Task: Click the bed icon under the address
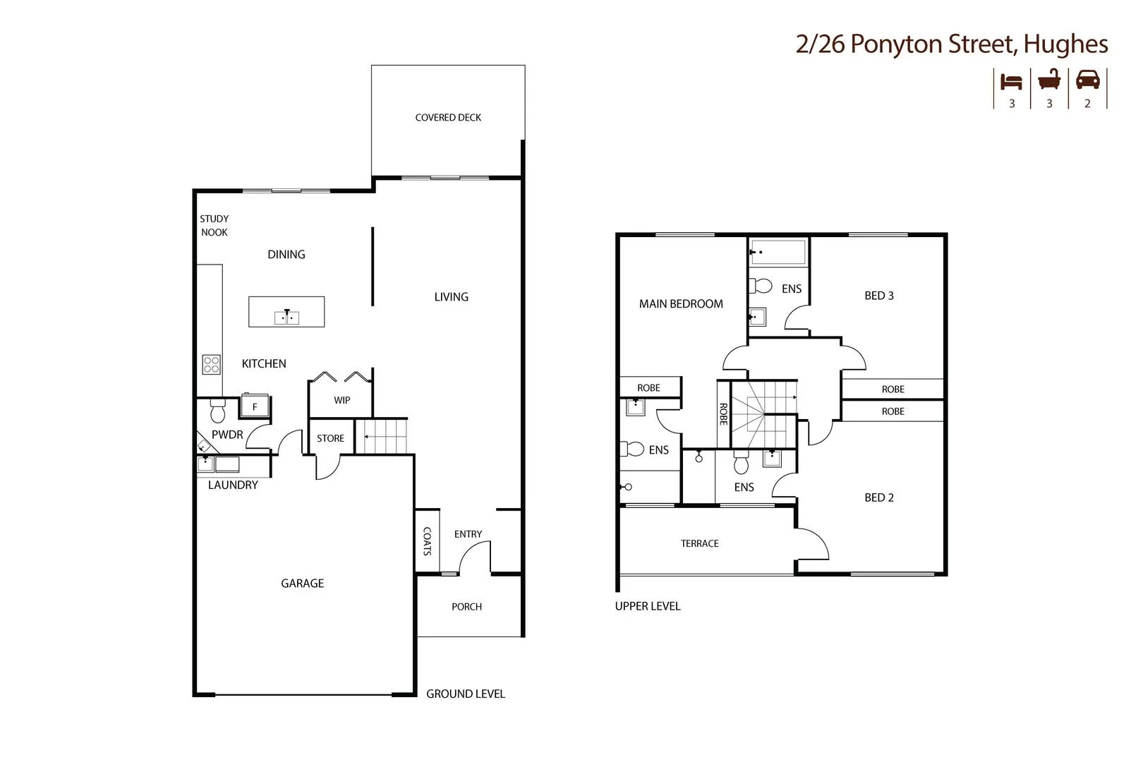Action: [x=1011, y=82]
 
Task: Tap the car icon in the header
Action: [x=1087, y=80]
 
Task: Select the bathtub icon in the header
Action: [x=1049, y=80]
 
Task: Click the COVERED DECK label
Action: [x=448, y=118]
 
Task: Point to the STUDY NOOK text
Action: [x=214, y=226]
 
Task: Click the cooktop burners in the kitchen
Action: [x=212, y=364]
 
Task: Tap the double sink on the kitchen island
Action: [x=286, y=317]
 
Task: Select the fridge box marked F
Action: [x=255, y=406]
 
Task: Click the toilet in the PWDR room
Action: [x=217, y=410]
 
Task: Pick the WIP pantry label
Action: [x=341, y=400]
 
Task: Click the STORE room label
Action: [x=330, y=438]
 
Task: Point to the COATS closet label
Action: [x=427, y=541]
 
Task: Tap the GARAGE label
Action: [x=302, y=583]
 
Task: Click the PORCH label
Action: [x=466, y=607]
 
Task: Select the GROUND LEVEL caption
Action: [x=465, y=694]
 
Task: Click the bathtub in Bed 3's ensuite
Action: [x=778, y=252]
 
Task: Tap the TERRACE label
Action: [x=699, y=543]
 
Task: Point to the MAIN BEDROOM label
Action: [x=681, y=304]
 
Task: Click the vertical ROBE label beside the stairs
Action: [x=723, y=413]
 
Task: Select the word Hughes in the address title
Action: [x=1065, y=44]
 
